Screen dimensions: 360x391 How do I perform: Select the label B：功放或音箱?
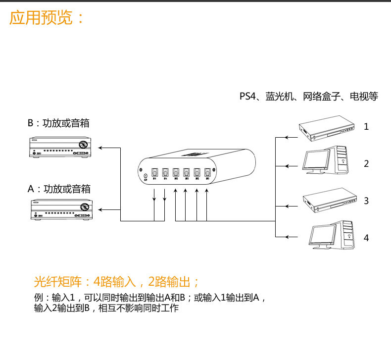click(59, 123)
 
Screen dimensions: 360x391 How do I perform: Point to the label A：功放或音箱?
click(59, 189)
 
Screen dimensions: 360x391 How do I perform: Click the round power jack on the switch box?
click(145, 175)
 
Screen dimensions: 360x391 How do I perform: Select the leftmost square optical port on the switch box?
click(154, 173)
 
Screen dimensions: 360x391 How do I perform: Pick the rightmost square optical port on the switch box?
click(207, 173)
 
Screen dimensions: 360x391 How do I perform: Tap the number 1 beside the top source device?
click(366, 127)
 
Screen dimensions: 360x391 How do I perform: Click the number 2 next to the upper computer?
click(366, 164)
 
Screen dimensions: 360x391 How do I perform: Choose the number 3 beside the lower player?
click(366, 201)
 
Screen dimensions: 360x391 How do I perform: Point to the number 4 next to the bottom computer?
click(366, 238)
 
